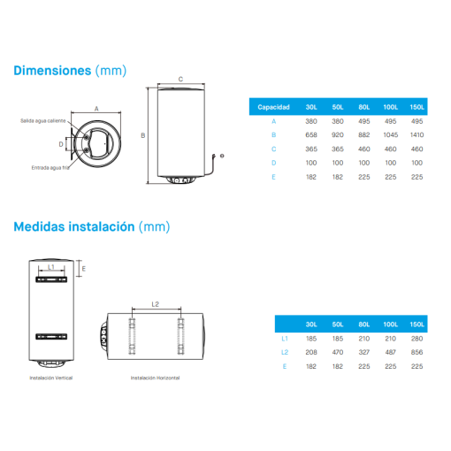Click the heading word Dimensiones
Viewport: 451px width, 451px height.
click(52, 71)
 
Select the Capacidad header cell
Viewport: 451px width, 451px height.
click(273, 107)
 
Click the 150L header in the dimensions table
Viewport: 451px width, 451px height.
click(417, 107)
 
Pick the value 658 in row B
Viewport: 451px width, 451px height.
click(311, 135)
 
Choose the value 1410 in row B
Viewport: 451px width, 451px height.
click(417, 135)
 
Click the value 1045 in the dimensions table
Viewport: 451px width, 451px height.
click(391, 135)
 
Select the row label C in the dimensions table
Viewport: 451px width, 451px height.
click(273, 149)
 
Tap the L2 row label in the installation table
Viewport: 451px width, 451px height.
click(285, 352)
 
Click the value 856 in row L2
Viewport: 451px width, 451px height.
click(417, 352)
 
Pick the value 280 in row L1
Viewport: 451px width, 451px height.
click(417, 339)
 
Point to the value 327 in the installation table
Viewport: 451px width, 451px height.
click(364, 352)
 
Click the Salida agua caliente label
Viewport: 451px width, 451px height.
click(43, 121)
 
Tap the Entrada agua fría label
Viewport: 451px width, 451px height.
click(50, 168)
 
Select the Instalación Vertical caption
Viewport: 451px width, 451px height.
click(51, 378)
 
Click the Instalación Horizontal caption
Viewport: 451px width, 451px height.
click(155, 378)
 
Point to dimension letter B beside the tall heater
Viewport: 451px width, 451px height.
click(143, 135)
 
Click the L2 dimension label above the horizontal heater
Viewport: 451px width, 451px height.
click(156, 304)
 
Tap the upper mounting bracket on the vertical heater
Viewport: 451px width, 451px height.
click(51, 279)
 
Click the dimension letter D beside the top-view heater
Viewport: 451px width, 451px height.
click(61, 144)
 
